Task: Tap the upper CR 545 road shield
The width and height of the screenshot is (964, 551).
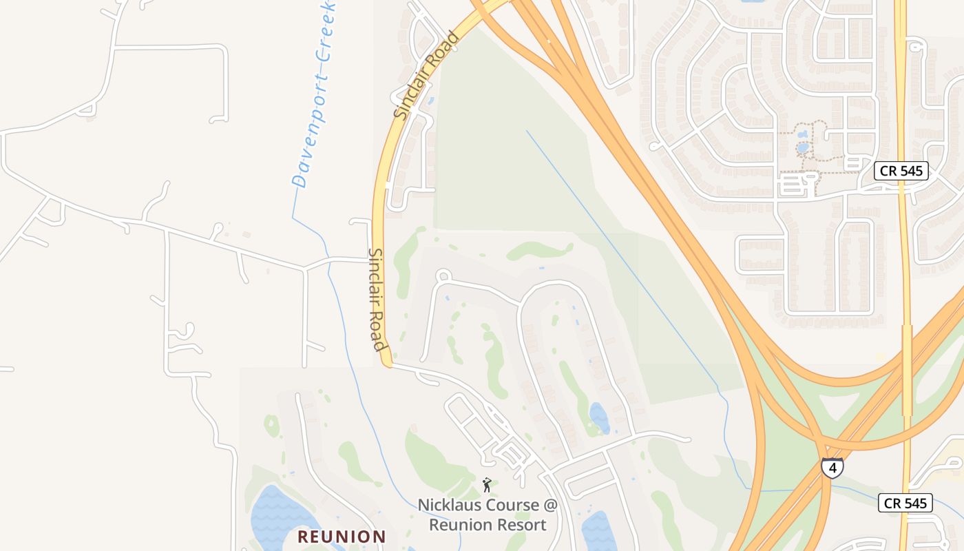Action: click(x=901, y=171)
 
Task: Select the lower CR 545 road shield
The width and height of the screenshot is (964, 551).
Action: click(x=905, y=503)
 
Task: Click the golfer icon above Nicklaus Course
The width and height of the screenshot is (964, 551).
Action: click(x=487, y=485)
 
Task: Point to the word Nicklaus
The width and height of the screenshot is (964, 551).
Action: click(x=448, y=506)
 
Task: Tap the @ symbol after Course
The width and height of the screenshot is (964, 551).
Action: click(x=549, y=506)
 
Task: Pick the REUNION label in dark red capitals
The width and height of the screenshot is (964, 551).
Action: click(x=342, y=537)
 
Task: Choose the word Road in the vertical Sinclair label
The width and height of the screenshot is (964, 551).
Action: click(x=379, y=333)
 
